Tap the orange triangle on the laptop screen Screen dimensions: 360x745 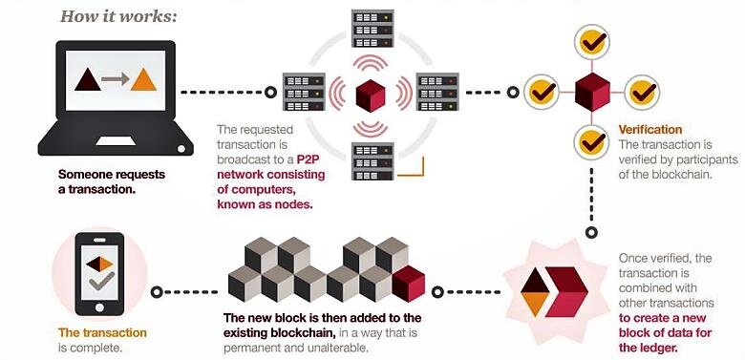click(x=142, y=80)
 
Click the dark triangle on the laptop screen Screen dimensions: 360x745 click(x=87, y=80)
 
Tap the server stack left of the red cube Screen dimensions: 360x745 click(x=304, y=94)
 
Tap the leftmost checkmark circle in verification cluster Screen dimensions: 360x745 click(x=542, y=93)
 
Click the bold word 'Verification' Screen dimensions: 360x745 click(x=650, y=129)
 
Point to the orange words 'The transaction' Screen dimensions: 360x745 click(x=103, y=332)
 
